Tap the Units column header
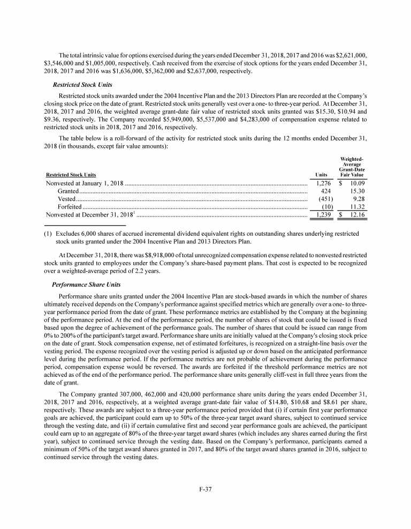point(321,174)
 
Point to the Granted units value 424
point(325,191)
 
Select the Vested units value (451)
point(323,199)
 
